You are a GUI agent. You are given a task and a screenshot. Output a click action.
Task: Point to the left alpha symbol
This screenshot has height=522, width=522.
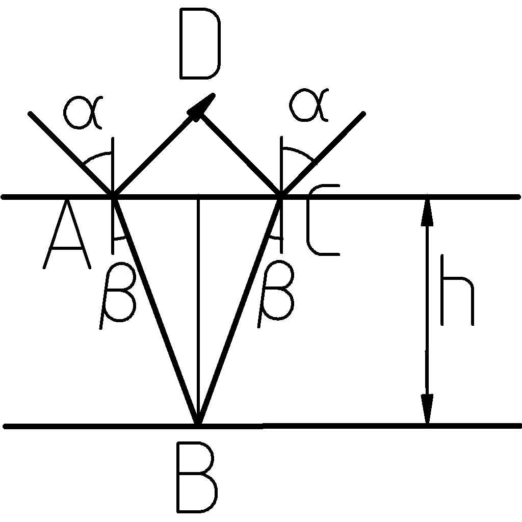click(84, 110)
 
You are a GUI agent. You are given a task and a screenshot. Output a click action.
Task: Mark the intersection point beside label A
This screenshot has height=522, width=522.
click(113, 196)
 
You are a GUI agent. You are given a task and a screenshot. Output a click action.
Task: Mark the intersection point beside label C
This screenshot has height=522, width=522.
click(280, 196)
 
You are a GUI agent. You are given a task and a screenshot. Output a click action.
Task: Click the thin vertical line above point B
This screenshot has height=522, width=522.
click(198, 306)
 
